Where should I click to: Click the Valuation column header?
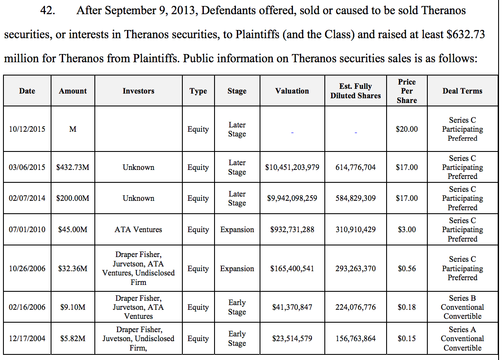[x=292, y=91]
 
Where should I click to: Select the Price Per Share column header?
[x=407, y=91]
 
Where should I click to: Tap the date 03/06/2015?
[x=27, y=167]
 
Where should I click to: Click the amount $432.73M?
[x=73, y=167]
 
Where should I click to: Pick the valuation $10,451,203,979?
[x=292, y=167]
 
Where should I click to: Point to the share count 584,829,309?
[x=355, y=198]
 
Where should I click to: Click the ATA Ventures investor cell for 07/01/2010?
[x=138, y=230]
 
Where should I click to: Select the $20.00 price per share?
[x=407, y=129]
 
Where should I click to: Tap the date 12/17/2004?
[x=27, y=339]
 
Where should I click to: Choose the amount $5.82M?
[x=73, y=339]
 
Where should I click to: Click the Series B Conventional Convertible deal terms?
[x=462, y=307]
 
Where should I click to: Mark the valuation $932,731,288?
[x=292, y=230]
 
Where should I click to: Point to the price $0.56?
[x=407, y=269]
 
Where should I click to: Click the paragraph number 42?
[x=47, y=11]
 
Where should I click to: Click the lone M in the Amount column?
[x=73, y=129]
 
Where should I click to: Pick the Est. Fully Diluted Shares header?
[x=355, y=91]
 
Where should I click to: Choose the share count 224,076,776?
[x=355, y=307]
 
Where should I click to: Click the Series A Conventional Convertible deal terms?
[x=462, y=339]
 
